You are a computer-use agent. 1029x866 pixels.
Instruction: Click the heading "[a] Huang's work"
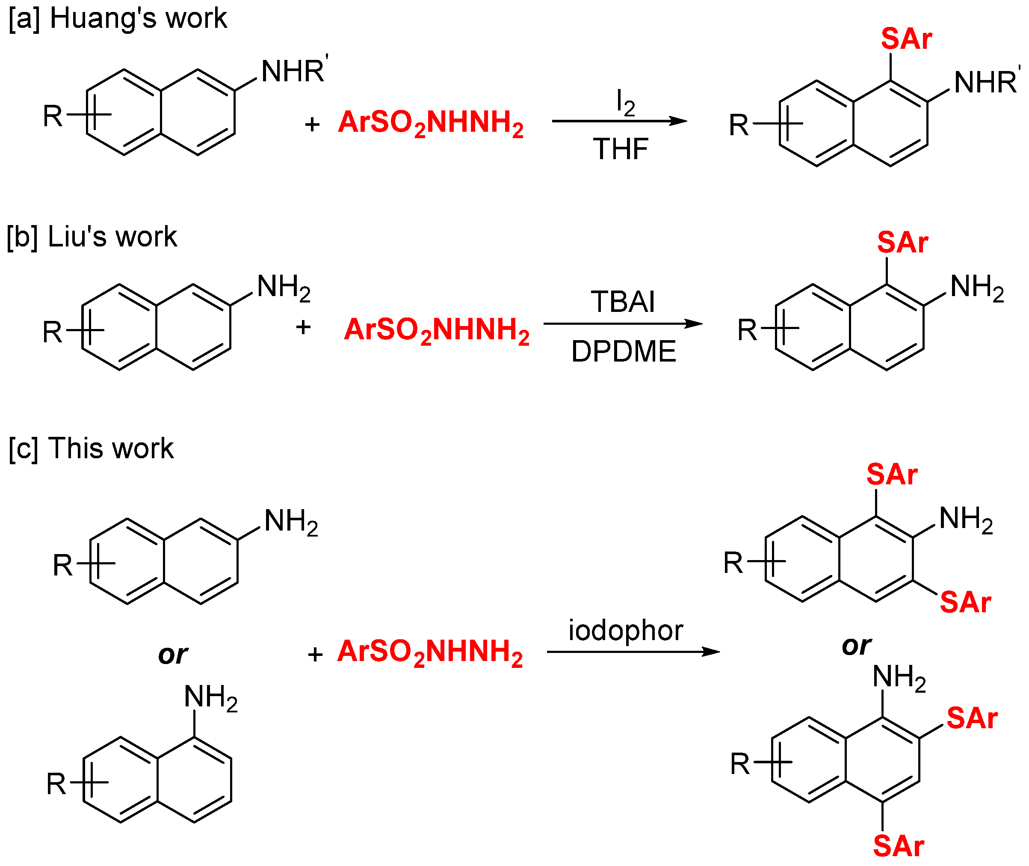coord(118,19)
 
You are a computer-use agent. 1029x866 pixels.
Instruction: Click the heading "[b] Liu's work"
coord(92,237)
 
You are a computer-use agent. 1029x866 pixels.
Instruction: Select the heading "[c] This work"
coord(91,448)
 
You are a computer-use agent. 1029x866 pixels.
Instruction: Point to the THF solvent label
coord(621,149)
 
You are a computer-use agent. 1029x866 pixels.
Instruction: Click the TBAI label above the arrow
coord(623,301)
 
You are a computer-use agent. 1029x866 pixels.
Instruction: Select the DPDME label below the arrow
coord(624,352)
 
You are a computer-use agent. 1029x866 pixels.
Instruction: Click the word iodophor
coord(626,630)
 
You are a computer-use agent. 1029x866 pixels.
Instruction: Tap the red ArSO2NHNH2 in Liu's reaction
coord(437,330)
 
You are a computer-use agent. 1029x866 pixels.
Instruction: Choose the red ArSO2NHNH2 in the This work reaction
coord(430,652)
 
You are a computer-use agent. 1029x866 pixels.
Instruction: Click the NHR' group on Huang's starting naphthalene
coord(294,71)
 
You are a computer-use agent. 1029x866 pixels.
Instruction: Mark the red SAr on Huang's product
coord(906,39)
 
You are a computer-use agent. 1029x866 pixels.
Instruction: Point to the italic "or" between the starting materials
coord(173,654)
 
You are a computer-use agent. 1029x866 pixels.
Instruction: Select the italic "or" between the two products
coord(856,646)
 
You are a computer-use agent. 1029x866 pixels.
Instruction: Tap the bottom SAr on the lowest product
coord(899,846)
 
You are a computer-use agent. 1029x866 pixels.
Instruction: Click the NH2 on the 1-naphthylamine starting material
coord(211,697)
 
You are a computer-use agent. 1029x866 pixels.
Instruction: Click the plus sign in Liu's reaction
coord(303,327)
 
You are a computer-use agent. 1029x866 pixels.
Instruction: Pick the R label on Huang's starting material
coord(53,117)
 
